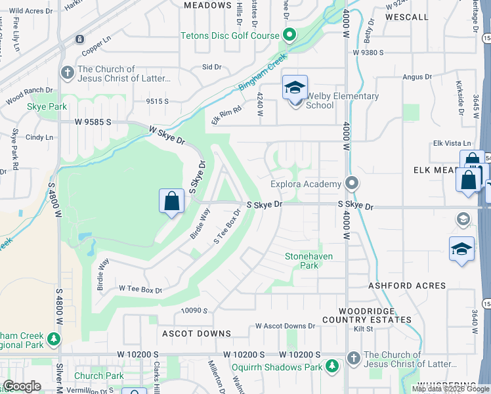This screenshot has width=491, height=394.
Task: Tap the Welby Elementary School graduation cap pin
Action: [295, 87]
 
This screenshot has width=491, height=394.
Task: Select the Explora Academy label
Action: [306, 185]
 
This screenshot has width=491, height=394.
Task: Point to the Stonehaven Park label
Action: [310, 260]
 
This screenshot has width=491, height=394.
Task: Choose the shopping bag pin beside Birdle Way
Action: [171, 201]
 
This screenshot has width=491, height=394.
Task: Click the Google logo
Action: [22, 385]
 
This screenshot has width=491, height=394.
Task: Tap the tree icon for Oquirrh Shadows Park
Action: [333, 365]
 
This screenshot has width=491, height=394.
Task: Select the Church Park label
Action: [98, 376]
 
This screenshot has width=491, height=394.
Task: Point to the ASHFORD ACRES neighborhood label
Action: [407, 286]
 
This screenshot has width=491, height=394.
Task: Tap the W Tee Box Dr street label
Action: [140, 289]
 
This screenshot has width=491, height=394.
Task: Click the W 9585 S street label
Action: [95, 121]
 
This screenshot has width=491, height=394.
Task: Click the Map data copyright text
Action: [450, 389]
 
